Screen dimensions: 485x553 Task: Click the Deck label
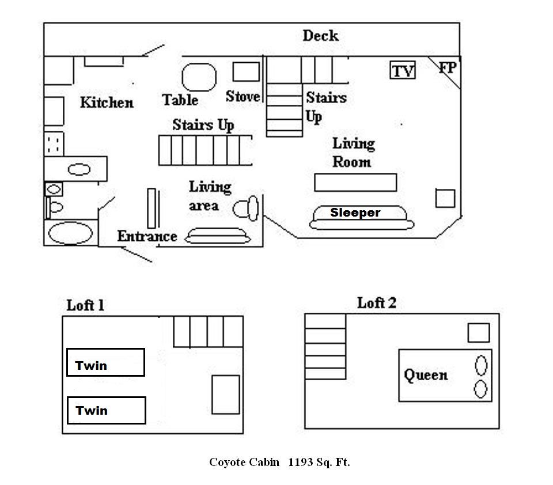(320, 36)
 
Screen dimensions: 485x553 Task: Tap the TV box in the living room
(403, 70)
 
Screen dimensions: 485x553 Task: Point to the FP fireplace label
(448, 68)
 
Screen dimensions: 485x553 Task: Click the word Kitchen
(107, 103)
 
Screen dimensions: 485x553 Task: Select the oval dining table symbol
(199, 78)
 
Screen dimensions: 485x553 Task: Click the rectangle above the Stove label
(246, 71)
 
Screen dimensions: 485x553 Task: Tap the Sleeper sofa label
(355, 213)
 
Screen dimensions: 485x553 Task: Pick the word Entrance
(147, 236)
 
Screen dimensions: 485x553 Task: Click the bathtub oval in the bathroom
(70, 234)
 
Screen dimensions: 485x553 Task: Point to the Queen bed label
(425, 376)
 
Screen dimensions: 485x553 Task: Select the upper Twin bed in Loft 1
(105, 363)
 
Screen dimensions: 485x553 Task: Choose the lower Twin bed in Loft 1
(106, 410)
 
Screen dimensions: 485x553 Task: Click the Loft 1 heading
(85, 305)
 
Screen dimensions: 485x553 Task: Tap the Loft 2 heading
(377, 303)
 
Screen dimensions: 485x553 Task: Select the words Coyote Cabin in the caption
(244, 462)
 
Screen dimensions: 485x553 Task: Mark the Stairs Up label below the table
(203, 125)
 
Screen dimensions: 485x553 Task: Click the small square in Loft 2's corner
(478, 333)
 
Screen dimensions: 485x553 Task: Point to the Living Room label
(353, 152)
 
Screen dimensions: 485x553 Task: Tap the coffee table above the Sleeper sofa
(355, 182)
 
